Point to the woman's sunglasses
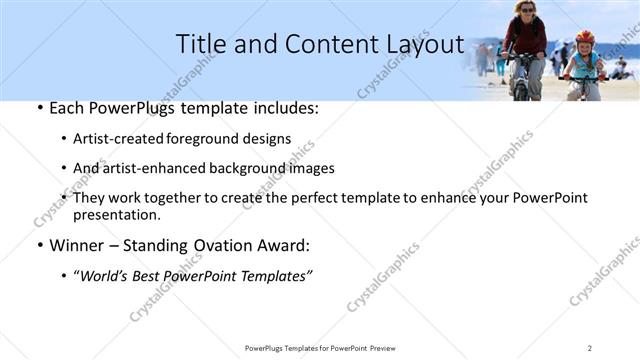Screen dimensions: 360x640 (526, 9)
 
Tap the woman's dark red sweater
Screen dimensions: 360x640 (525, 36)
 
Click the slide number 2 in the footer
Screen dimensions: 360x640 (589, 348)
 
